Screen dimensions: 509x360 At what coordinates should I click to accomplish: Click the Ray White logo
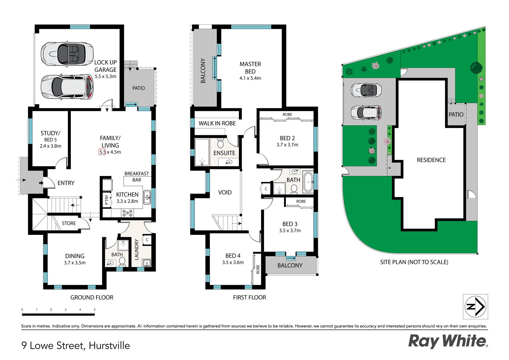448,341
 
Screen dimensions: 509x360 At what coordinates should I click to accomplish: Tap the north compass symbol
475,306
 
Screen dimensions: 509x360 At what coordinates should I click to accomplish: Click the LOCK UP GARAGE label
106,66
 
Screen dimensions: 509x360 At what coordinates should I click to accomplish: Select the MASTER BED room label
250,68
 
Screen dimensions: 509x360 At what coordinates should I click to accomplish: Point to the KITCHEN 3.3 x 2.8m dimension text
127,201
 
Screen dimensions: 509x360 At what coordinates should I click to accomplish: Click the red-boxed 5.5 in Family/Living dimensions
102,152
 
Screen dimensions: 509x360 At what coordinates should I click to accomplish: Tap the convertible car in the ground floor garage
67,53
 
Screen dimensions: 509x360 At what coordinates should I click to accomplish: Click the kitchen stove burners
128,213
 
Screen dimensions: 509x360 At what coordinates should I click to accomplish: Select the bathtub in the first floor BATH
308,182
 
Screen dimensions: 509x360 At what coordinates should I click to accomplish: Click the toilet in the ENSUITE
220,143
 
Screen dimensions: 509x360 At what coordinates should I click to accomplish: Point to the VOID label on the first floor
225,192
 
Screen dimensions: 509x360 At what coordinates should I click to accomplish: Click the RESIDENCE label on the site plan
431,160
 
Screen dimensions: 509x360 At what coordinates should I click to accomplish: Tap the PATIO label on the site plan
456,115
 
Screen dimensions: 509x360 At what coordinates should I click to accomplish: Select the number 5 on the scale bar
95,309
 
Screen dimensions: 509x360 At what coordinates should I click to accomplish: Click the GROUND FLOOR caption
92,297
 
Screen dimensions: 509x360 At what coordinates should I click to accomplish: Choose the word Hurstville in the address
109,346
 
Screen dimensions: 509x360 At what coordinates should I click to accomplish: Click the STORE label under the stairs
69,223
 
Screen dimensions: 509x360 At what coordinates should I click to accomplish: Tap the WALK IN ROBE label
217,123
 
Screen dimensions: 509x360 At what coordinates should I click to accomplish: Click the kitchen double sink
147,197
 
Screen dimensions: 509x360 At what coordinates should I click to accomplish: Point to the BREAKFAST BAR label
137,177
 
